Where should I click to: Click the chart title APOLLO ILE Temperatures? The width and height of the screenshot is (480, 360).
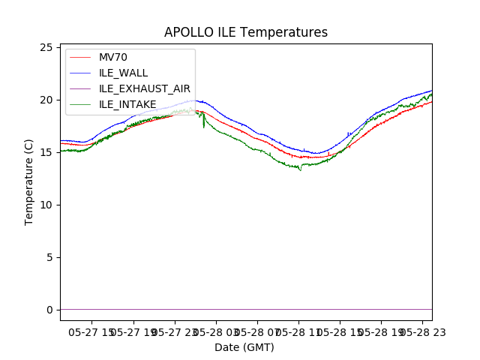coord(246,33)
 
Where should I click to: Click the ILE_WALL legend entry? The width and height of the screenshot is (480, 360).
coord(124,73)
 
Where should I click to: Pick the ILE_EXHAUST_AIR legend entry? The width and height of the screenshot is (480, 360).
coord(145,88)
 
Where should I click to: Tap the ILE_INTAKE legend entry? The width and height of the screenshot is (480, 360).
coord(127,104)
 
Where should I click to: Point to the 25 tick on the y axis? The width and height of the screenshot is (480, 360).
coord(46,47)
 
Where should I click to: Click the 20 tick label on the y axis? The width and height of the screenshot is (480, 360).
coord(46,100)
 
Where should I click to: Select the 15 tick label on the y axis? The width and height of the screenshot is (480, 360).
coord(46,152)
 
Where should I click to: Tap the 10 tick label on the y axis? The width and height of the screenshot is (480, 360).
coord(46,205)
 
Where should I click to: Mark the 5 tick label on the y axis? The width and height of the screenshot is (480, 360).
coord(49,257)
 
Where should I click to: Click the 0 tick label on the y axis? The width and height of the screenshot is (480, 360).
coord(49,310)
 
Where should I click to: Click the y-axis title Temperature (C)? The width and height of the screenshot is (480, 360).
coord(29,182)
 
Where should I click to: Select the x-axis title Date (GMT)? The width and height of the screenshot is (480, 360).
coord(244,347)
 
